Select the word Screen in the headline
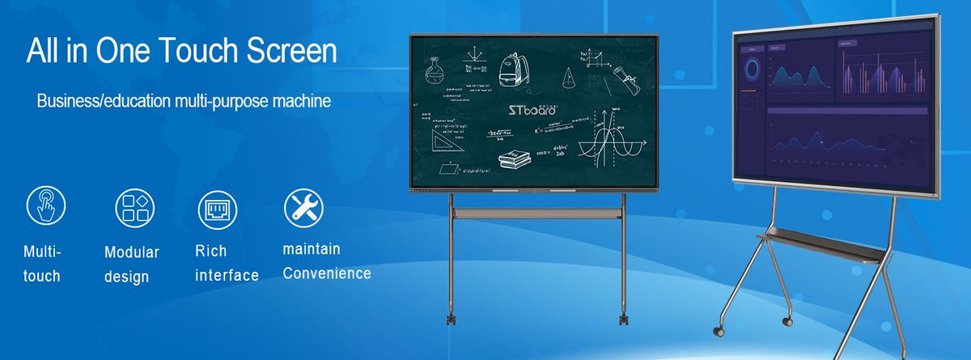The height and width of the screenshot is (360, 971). click(x=290, y=51)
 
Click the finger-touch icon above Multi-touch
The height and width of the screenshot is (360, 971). click(x=46, y=205)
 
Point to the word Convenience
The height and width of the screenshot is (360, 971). click(x=326, y=273)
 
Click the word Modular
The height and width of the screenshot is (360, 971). click(x=131, y=252)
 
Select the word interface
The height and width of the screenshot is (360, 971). click(x=227, y=276)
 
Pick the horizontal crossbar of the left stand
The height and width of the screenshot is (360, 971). click(x=536, y=213)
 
